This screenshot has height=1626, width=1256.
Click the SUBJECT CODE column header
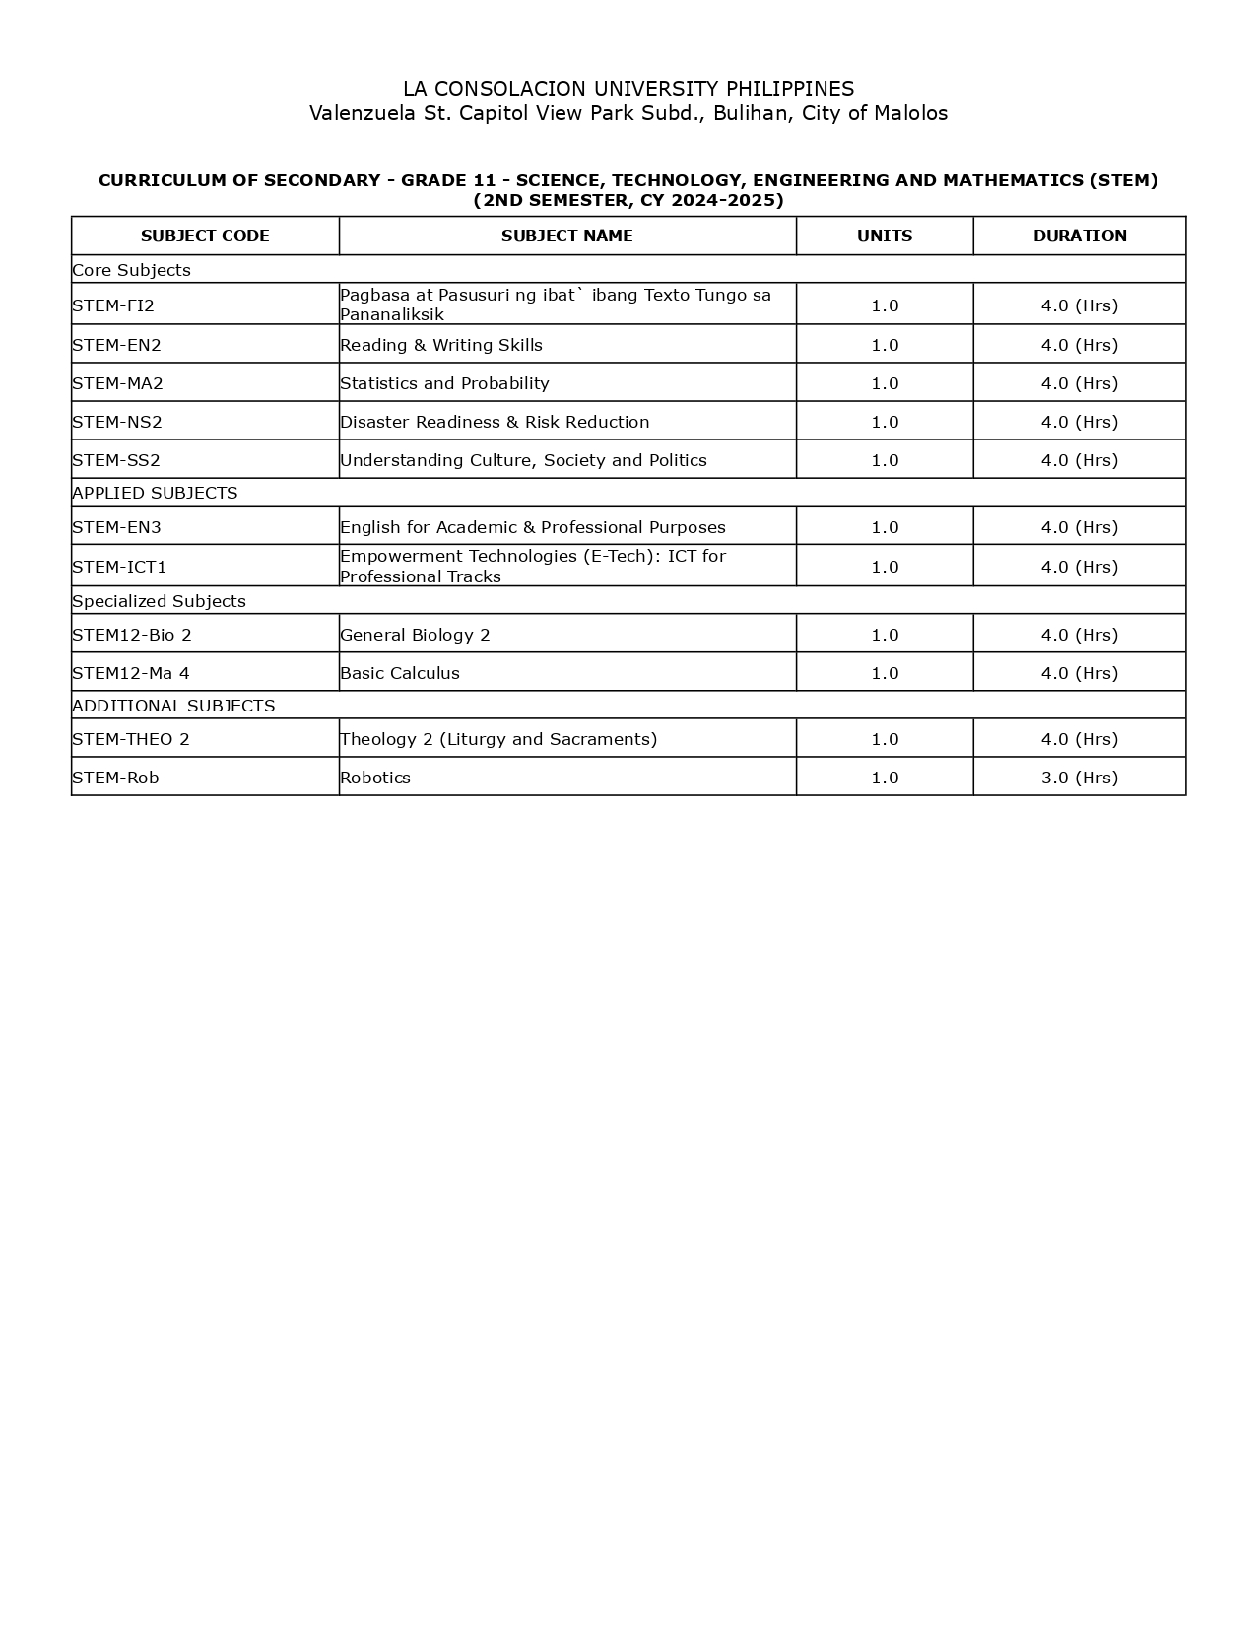(x=205, y=236)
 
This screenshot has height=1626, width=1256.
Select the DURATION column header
(x=1080, y=236)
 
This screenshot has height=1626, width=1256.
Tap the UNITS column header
(x=885, y=236)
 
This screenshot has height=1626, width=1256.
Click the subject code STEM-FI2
(x=113, y=305)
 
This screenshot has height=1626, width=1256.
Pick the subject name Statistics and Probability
(x=444, y=383)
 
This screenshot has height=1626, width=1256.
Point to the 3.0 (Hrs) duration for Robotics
(x=1080, y=778)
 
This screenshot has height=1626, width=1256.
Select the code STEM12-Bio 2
(x=132, y=635)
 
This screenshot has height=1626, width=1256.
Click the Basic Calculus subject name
(x=400, y=673)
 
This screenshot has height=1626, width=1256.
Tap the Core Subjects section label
(x=131, y=270)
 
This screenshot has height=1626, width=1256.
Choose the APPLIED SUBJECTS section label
(x=155, y=493)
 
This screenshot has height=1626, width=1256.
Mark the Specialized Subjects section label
(x=159, y=601)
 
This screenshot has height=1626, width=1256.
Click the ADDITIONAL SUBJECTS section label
(x=173, y=706)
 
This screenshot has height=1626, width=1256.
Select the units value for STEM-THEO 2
(x=885, y=739)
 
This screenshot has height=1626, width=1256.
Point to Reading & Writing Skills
(x=441, y=345)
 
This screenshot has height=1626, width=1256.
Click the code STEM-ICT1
(x=119, y=567)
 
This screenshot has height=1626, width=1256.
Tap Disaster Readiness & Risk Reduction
(x=495, y=422)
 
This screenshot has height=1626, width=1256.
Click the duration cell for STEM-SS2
(x=1080, y=460)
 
